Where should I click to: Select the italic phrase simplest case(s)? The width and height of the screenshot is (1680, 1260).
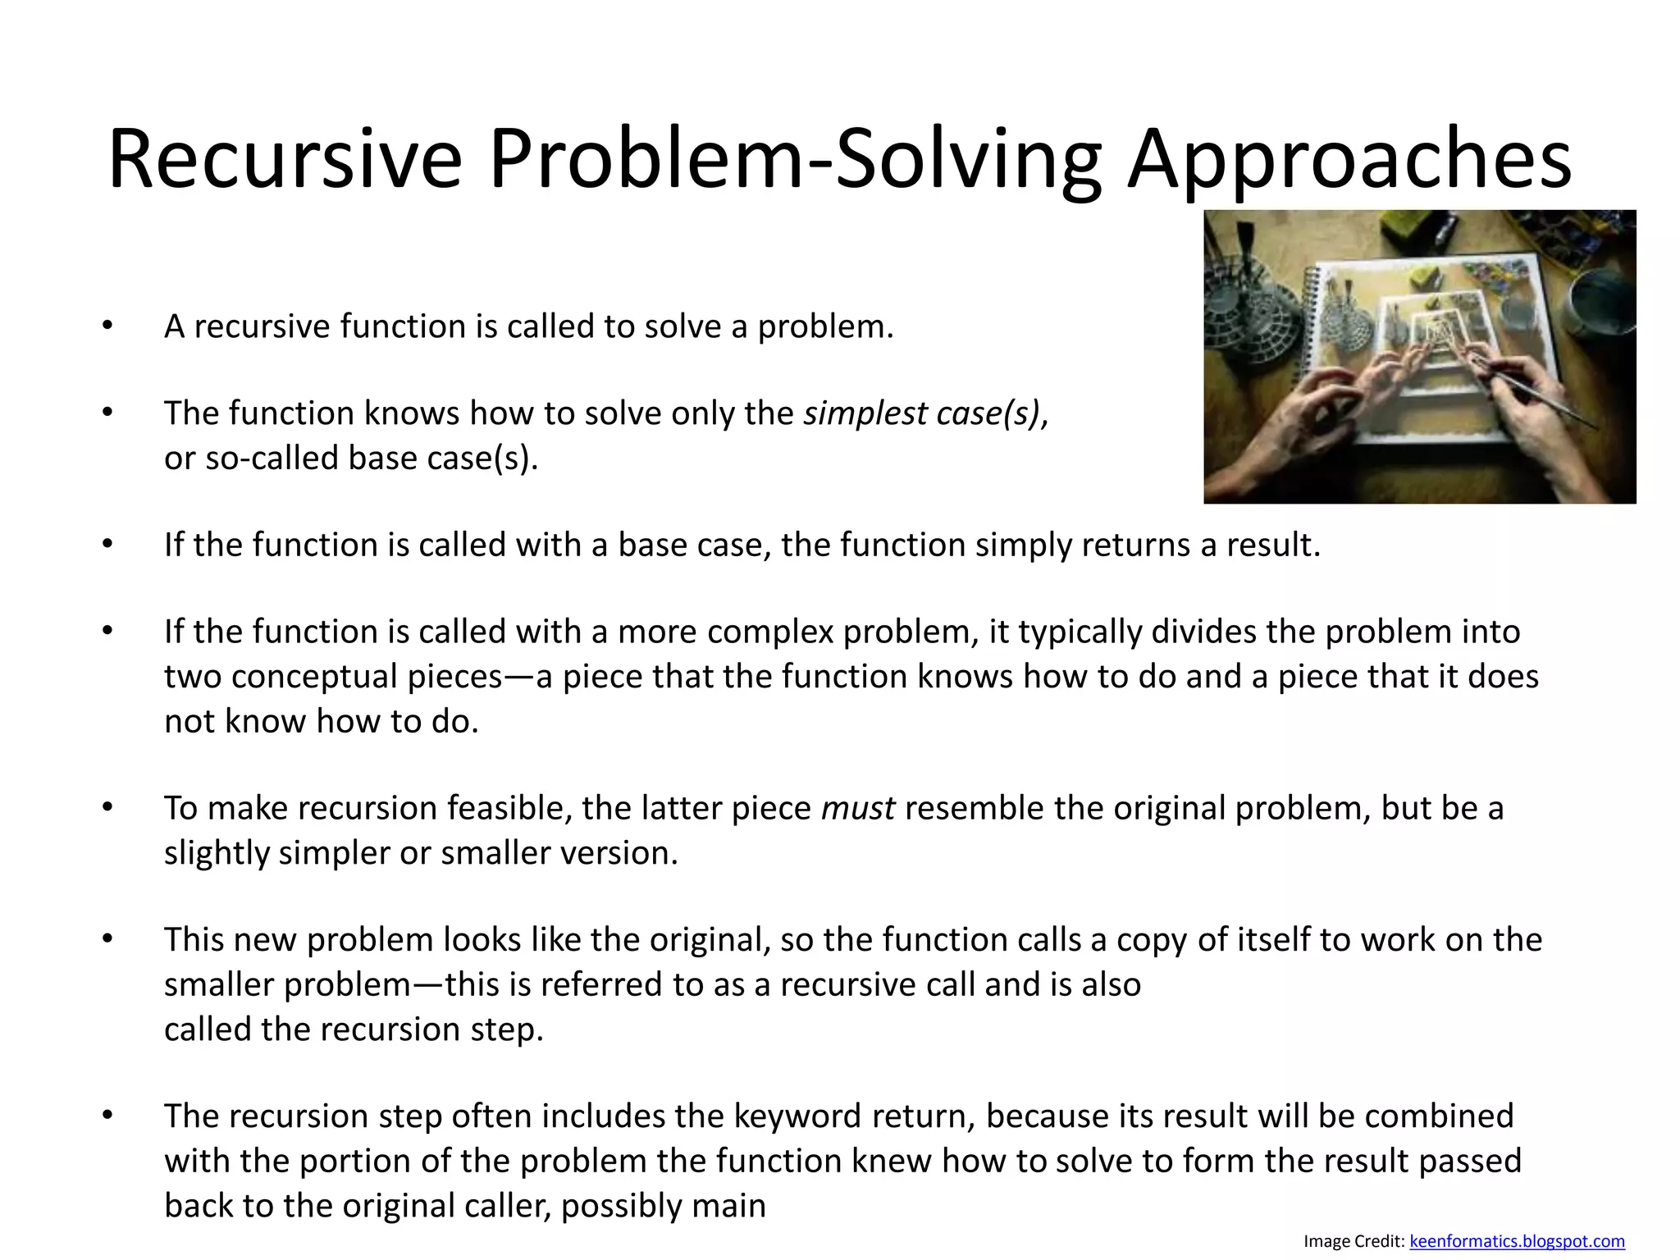point(921,413)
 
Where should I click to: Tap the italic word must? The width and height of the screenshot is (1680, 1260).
point(857,809)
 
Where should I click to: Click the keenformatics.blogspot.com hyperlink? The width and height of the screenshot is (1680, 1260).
point(1516,1242)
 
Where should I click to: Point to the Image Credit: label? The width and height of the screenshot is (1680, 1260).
point(1354,1242)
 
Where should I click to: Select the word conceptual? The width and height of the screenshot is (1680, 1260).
point(366,677)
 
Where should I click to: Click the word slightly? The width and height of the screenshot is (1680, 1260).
point(217,854)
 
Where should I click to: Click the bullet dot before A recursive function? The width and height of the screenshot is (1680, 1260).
point(107,326)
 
